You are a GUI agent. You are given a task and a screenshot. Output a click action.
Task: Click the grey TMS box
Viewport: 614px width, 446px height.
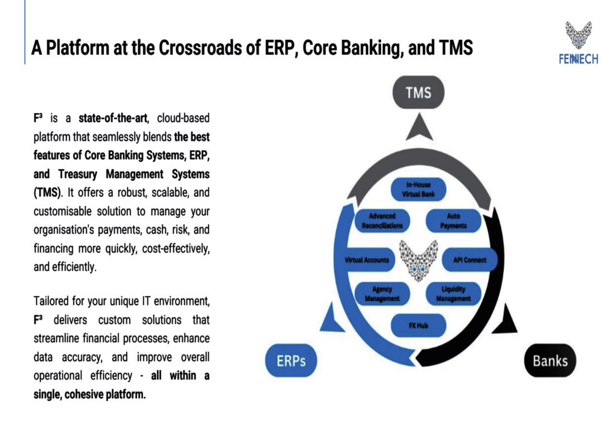coord(419,92)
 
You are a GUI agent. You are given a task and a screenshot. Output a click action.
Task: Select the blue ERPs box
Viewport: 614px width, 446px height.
coord(291,361)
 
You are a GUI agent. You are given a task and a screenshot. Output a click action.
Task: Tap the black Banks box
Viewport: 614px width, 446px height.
coord(550,361)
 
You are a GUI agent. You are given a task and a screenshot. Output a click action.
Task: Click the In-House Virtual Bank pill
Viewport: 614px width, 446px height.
coord(418,190)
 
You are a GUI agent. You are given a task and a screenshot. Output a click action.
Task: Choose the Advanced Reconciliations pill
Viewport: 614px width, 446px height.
coord(382,221)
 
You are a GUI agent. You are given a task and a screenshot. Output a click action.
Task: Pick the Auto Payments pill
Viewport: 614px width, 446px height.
coord(453,221)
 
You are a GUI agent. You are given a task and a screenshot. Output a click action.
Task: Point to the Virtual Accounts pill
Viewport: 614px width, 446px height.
coord(367,260)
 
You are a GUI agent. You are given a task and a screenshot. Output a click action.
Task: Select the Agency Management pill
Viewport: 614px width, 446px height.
coord(382,294)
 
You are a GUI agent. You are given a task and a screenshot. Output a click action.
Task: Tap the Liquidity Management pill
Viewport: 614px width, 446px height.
coord(453,294)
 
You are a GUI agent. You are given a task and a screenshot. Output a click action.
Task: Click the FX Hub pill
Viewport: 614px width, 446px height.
coord(418,326)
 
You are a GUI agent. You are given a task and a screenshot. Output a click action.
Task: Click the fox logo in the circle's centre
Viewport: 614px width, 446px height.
coord(418,260)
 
